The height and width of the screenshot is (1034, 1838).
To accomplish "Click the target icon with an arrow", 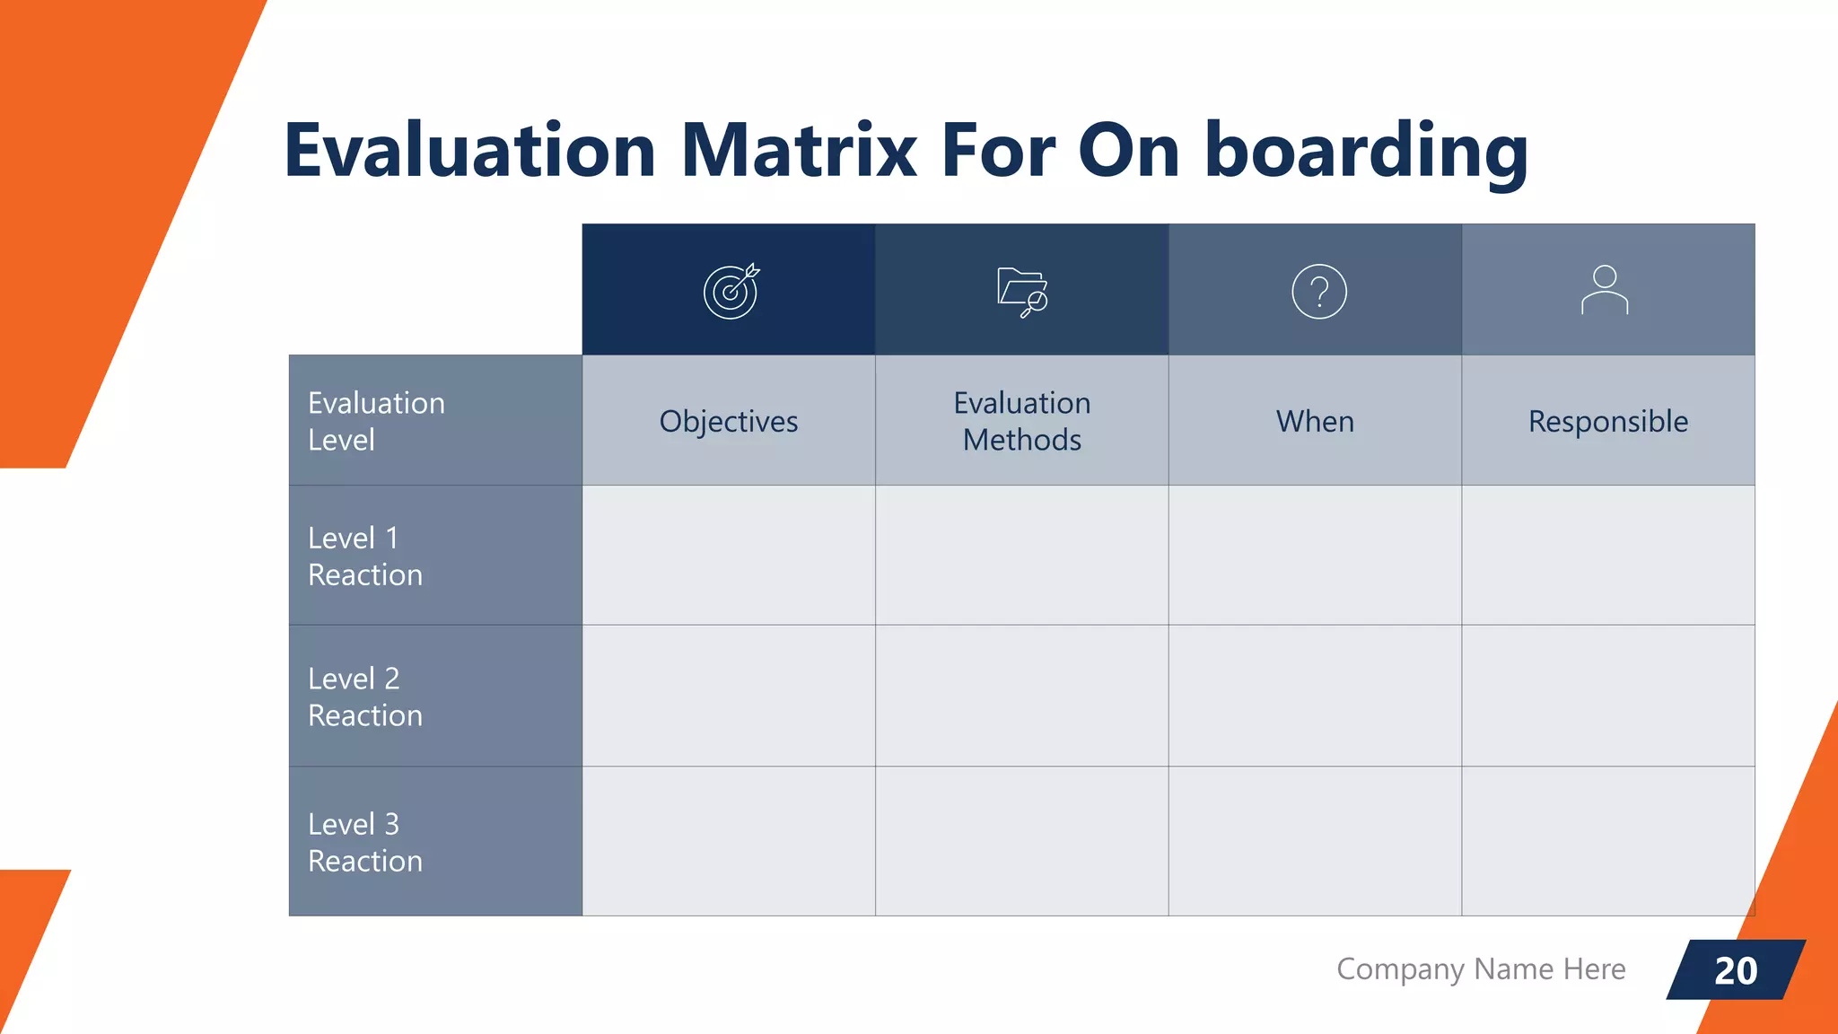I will [731, 291].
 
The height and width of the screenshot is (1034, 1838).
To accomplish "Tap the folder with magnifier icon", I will [1022, 292].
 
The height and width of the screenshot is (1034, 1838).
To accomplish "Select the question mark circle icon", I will [1318, 292].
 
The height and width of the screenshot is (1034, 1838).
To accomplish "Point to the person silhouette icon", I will [1605, 290].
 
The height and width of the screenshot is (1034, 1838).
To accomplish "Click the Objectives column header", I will [729, 421].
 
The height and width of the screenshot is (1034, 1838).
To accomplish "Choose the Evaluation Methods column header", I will [1022, 421].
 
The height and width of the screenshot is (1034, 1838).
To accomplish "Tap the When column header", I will [1315, 421].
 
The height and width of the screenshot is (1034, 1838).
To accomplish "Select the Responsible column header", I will [1608, 421].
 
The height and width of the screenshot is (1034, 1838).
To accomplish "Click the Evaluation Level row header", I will [376, 421].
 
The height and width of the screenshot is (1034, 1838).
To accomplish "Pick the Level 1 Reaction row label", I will [365, 556].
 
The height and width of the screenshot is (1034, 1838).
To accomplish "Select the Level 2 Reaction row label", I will [365, 697].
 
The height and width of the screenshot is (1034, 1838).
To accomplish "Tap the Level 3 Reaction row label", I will [365, 842].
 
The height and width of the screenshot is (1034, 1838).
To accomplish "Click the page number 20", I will [1736, 970].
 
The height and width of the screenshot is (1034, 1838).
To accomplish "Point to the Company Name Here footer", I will [1481, 969].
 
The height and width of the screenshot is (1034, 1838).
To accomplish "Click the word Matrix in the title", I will [799, 151].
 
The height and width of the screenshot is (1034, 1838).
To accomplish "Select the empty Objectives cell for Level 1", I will [729, 556].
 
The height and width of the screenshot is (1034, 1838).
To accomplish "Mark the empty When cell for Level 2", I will [1315, 696].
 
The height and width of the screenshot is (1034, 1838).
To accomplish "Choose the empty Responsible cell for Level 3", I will [1608, 841].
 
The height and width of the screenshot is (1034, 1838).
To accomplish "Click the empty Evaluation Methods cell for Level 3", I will [1022, 841].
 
